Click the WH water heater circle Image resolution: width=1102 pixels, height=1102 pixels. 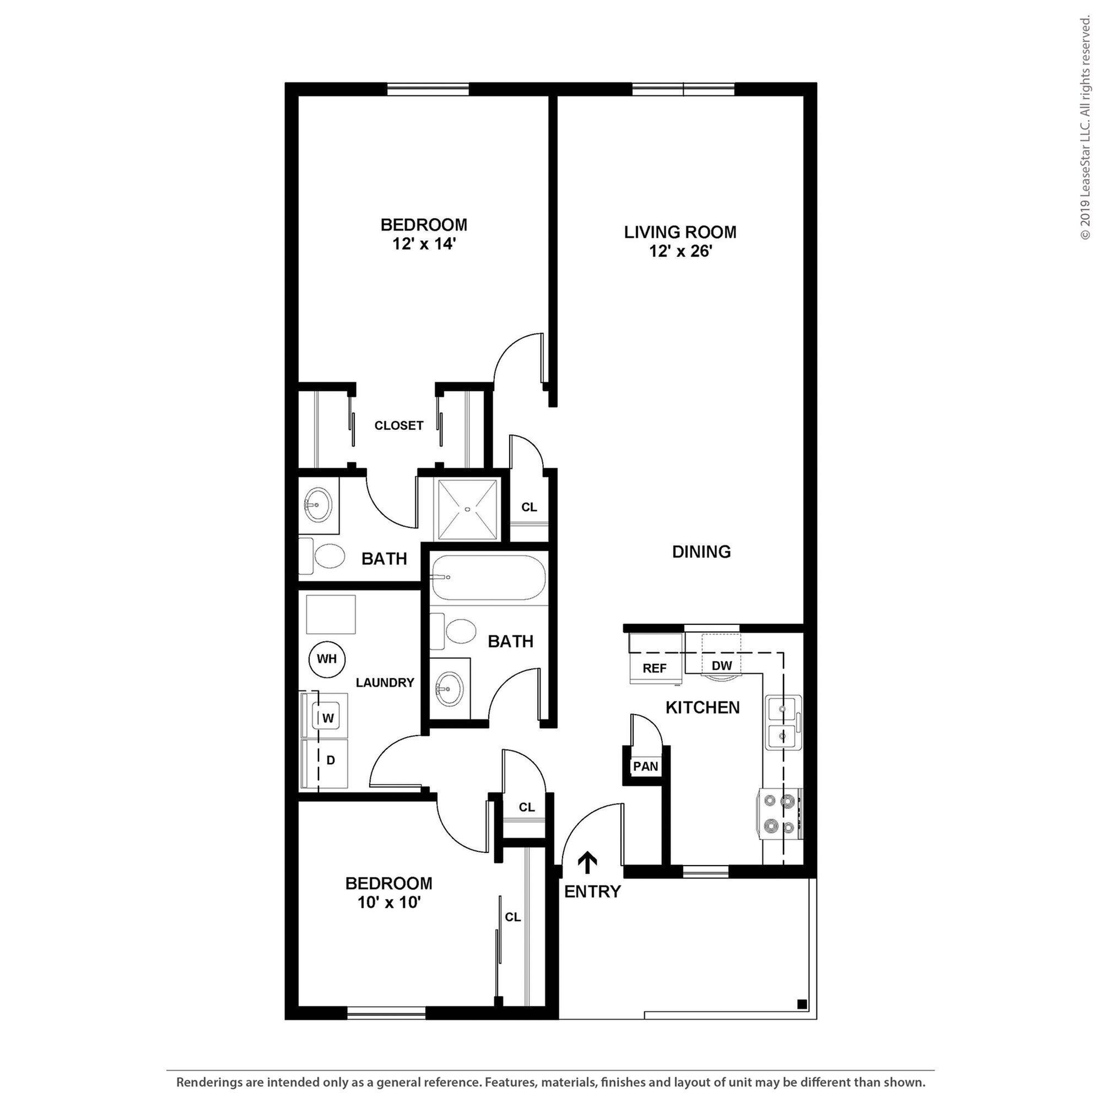(327, 660)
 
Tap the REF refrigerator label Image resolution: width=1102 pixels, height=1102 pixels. (654, 668)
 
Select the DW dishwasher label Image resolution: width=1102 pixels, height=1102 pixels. (722, 665)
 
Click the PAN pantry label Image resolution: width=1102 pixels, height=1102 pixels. (646, 766)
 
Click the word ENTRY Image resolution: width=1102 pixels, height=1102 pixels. (592, 892)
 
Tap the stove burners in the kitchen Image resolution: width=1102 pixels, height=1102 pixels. (780, 813)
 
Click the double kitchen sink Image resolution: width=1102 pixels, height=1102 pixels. (783, 723)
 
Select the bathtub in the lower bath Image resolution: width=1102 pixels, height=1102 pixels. (488, 577)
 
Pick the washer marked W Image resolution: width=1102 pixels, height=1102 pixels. (328, 718)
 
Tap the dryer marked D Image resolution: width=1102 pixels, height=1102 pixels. (329, 760)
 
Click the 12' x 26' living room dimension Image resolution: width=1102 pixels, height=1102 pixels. (680, 251)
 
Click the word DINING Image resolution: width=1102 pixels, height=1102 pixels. (701, 552)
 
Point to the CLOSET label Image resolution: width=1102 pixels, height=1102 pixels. (399, 425)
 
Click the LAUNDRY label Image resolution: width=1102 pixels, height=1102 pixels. (385, 683)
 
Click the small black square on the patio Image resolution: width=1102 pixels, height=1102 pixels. (801, 1020)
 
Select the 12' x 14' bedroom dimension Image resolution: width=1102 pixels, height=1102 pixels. (424, 244)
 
